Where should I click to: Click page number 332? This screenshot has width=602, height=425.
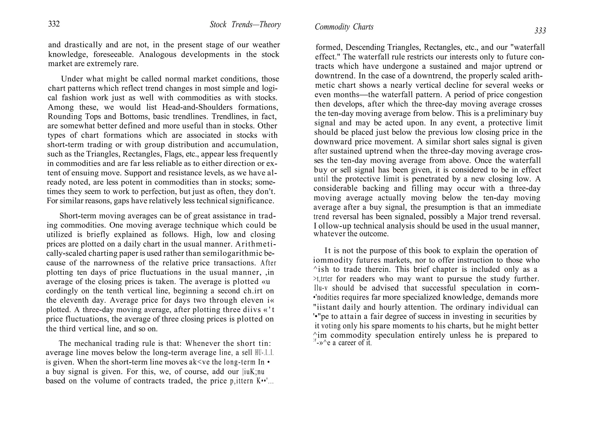pyautogui.click(x=54, y=24)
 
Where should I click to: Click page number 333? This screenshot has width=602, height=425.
pyautogui.click(x=540, y=31)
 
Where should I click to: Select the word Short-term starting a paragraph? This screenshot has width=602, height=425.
pyautogui.click(x=78, y=216)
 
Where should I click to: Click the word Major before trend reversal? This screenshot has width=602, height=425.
pyautogui.click(x=478, y=217)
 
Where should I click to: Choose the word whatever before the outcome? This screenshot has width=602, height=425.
pyautogui.click(x=329, y=234)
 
